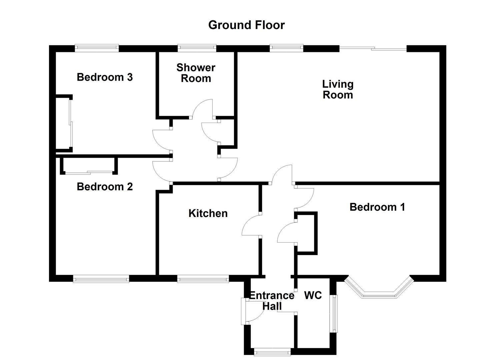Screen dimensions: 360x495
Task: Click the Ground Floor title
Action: [246, 25]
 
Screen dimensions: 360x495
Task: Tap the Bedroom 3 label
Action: [105, 77]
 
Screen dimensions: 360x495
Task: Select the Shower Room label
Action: [196, 73]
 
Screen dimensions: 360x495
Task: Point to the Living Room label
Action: [338, 89]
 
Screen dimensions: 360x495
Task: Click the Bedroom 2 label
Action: [105, 186]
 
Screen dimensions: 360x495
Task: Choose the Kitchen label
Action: [208, 213]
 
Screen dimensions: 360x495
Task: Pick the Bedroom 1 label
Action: [377, 207]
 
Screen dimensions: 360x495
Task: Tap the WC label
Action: [313, 295]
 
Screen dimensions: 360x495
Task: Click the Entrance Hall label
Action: [272, 301]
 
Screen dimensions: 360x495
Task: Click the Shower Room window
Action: [197, 48]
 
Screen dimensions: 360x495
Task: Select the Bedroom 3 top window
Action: [97, 48]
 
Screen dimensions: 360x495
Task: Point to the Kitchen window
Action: [203, 279]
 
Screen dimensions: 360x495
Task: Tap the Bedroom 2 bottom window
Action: [101, 279]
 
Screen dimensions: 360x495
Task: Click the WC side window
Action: [333, 313]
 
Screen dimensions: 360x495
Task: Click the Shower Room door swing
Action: [202, 108]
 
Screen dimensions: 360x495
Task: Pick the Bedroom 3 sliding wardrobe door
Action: [70, 123]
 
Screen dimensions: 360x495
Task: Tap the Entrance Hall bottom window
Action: [272, 351]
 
